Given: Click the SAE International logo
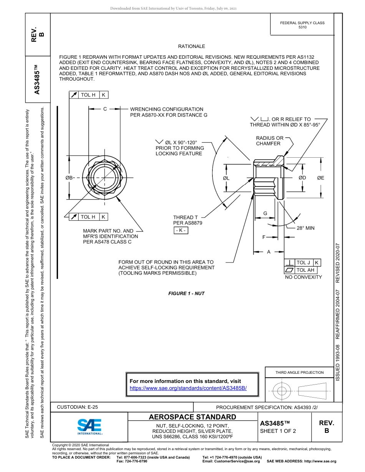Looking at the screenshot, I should (90, 426).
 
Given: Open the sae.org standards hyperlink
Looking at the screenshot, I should (188, 388).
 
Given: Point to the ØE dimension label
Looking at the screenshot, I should (320, 178).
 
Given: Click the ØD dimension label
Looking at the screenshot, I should (302, 178).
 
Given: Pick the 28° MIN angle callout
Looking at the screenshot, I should (305, 228).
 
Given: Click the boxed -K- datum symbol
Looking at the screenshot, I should (181, 230).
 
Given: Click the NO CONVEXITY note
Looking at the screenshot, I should (303, 277).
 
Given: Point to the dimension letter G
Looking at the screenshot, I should (265, 213).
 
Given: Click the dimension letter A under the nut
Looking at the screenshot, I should (269, 252).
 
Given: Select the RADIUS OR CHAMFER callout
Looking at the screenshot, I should (270, 141).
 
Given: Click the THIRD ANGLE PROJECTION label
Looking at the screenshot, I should (299, 372).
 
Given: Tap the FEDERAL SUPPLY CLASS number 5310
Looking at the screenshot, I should (302, 28).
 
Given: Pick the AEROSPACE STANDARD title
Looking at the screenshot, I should (192, 417).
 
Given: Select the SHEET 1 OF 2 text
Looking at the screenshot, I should (278, 431).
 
